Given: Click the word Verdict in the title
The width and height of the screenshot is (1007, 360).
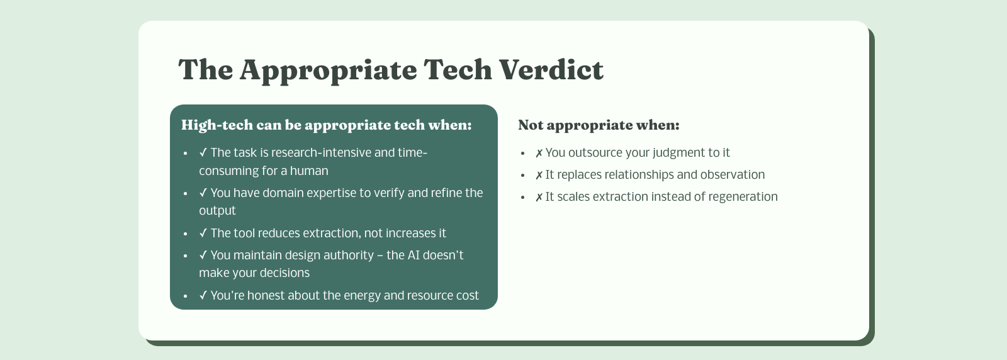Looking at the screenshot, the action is pos(551,70).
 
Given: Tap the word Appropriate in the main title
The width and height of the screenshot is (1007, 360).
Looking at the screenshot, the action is pos(328,71).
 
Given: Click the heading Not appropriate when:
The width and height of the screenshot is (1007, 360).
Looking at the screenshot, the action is pos(599,125).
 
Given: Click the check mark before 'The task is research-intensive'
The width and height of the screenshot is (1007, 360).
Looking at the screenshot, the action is pos(203,153).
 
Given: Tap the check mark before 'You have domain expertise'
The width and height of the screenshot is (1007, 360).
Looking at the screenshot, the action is pos(203,193).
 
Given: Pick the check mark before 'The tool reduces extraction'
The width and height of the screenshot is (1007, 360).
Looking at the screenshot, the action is pos(203,233).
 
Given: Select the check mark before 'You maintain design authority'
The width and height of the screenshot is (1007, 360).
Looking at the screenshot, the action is pos(203,256).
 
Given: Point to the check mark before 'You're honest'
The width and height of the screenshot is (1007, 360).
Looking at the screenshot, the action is pos(203,295).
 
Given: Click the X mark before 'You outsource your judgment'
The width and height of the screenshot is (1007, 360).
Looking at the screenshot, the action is pos(539,154).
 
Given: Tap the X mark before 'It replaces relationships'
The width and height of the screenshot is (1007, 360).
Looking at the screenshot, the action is pos(539,176).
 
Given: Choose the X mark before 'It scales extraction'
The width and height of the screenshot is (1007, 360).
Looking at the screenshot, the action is pos(539,197).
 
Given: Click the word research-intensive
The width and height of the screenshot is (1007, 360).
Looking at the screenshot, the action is pos(321,153).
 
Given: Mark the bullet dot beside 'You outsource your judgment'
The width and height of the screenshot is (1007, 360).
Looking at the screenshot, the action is pos(522,154).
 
